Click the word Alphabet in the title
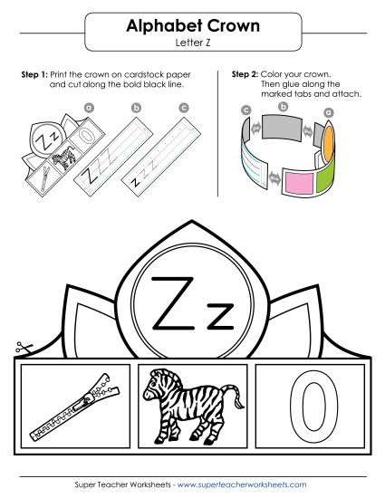click(x=155, y=27)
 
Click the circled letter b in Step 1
click(x=136, y=107)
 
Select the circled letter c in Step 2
click(x=245, y=110)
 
